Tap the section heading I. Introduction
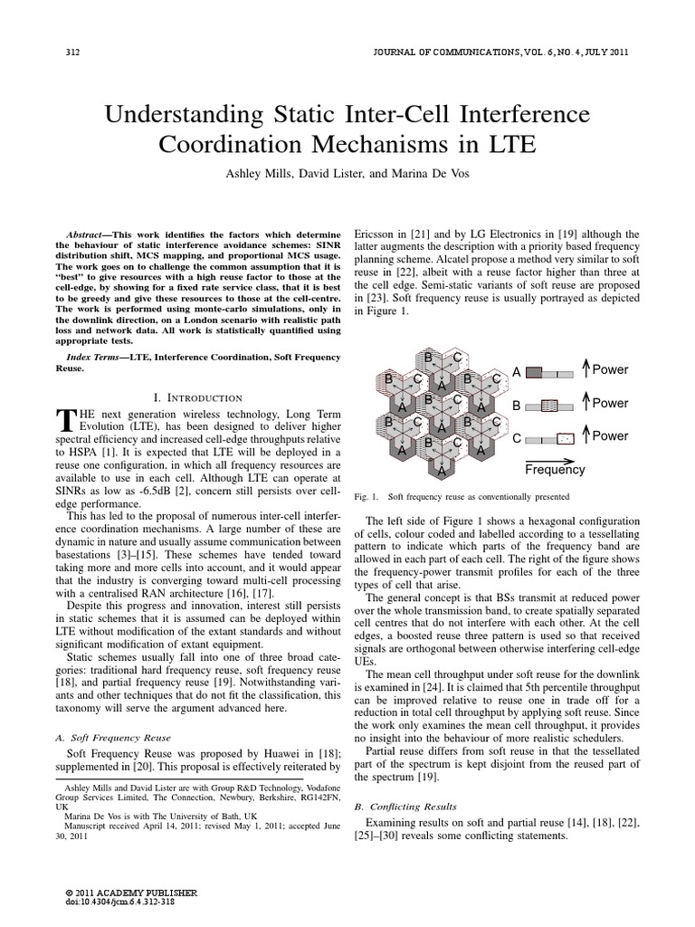[196, 397]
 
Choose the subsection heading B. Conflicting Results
[405, 805]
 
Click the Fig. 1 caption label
[366, 496]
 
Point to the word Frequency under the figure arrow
[555, 470]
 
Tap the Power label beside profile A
[610, 369]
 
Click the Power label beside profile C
[610, 435]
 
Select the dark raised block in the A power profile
[534, 370]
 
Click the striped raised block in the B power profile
[549, 405]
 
